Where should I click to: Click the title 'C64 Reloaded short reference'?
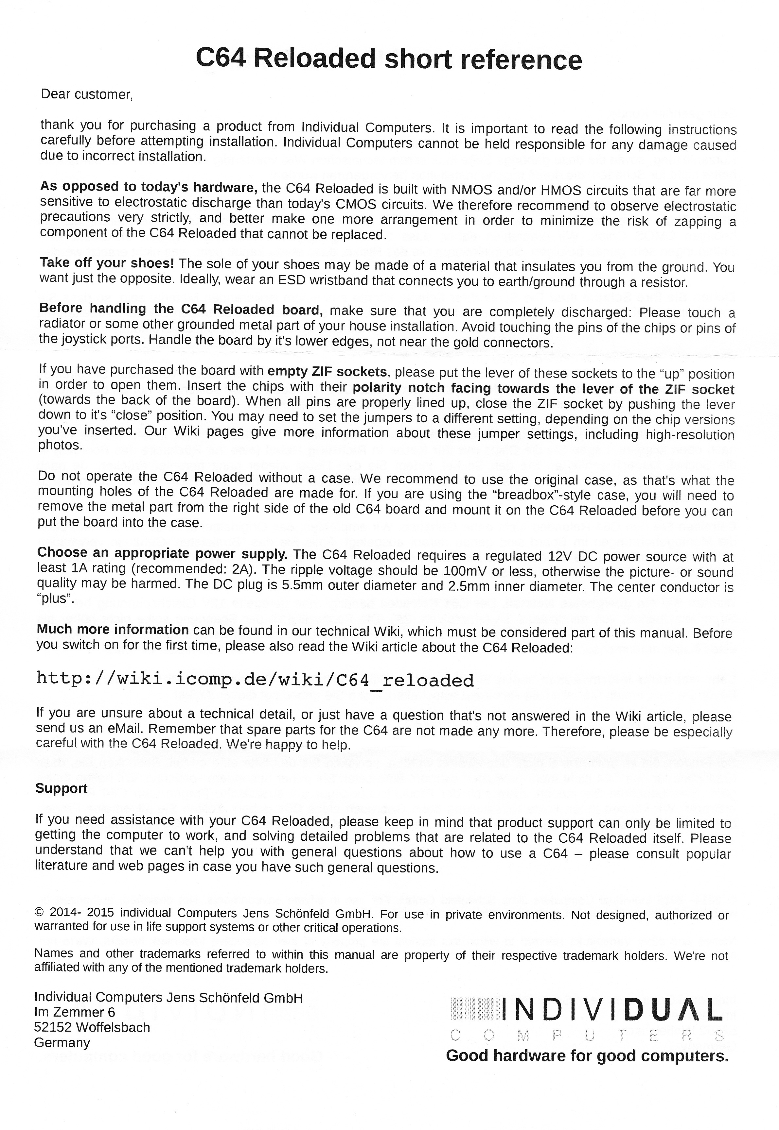(x=389, y=59)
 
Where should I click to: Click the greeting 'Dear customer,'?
(x=86, y=94)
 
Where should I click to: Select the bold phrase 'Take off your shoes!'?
(x=106, y=263)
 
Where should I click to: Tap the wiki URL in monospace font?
(x=255, y=679)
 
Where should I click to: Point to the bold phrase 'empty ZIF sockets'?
(x=327, y=372)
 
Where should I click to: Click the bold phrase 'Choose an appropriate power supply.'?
(x=162, y=553)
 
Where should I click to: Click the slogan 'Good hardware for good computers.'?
(x=587, y=1056)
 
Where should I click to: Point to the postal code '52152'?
(x=53, y=1027)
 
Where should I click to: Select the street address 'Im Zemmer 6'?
(x=74, y=1012)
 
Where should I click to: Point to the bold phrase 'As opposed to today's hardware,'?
(x=149, y=187)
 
